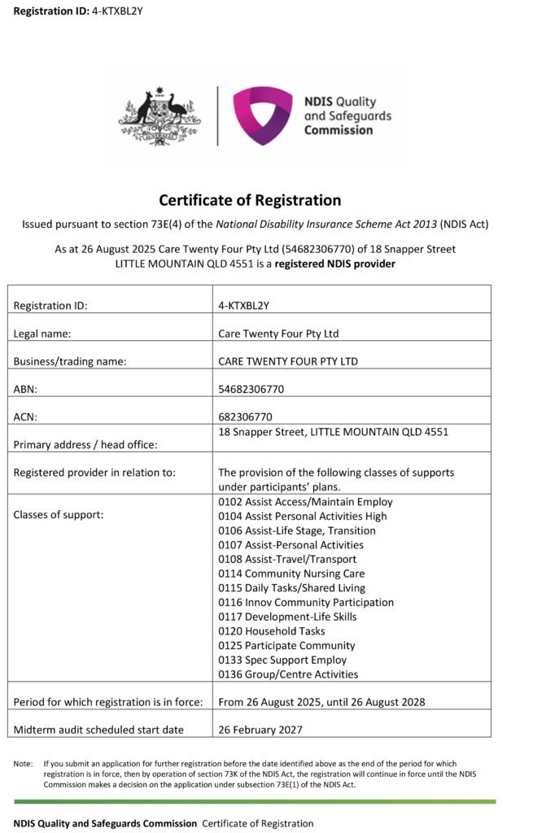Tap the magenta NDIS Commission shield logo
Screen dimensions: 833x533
click(262, 116)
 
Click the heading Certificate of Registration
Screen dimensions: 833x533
click(250, 200)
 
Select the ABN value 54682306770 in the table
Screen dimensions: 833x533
click(251, 389)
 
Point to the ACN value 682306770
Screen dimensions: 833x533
click(245, 416)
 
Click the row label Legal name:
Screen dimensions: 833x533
click(42, 334)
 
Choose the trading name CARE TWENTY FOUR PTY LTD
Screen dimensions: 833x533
click(288, 361)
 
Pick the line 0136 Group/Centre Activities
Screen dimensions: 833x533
click(288, 674)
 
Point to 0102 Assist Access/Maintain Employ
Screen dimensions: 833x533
click(305, 502)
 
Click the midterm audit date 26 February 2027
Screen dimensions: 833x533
click(260, 730)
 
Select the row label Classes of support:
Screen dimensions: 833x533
click(59, 515)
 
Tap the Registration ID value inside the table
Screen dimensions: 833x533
click(245, 306)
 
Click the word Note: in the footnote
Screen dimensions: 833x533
click(23, 764)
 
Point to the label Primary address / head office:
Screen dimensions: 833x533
click(85, 444)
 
